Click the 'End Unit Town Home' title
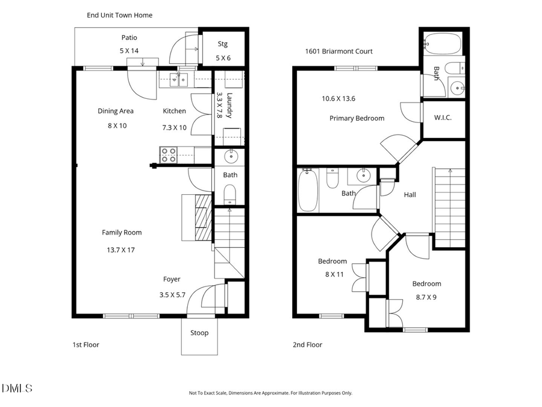(x=119, y=15)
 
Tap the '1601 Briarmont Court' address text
(x=338, y=51)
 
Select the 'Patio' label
(x=129, y=37)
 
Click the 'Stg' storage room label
(x=222, y=44)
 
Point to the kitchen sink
(x=178, y=78)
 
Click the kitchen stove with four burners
(x=168, y=155)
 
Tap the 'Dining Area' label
(x=116, y=111)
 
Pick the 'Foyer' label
(x=172, y=279)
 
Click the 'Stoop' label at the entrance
(x=199, y=333)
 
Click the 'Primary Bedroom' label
(x=357, y=118)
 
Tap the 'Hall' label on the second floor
(x=410, y=195)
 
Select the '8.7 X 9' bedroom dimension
(x=426, y=296)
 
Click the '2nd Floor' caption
(x=307, y=345)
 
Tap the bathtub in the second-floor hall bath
(x=308, y=191)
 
